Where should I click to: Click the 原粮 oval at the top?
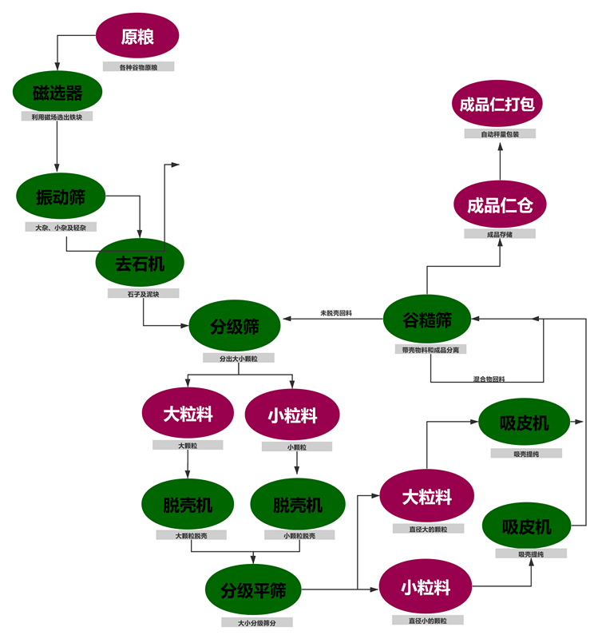click(x=137, y=36)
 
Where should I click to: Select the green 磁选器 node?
click(x=57, y=93)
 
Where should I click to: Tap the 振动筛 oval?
click(x=61, y=196)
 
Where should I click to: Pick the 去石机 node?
click(x=140, y=263)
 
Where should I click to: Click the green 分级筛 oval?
click(x=234, y=326)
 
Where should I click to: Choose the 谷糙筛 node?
click(x=427, y=320)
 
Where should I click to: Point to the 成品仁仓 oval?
click(x=500, y=205)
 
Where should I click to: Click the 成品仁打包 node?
click(x=500, y=104)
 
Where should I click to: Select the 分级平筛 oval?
click(x=252, y=590)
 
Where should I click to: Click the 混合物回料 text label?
click(x=489, y=378)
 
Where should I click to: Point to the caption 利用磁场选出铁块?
click(x=57, y=117)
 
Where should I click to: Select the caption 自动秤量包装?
click(x=500, y=134)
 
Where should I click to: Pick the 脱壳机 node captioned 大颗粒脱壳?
click(x=188, y=505)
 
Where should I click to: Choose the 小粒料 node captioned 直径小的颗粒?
click(x=426, y=588)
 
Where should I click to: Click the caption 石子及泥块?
click(x=144, y=293)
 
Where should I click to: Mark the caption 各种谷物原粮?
click(x=138, y=67)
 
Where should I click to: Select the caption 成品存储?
click(x=500, y=234)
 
